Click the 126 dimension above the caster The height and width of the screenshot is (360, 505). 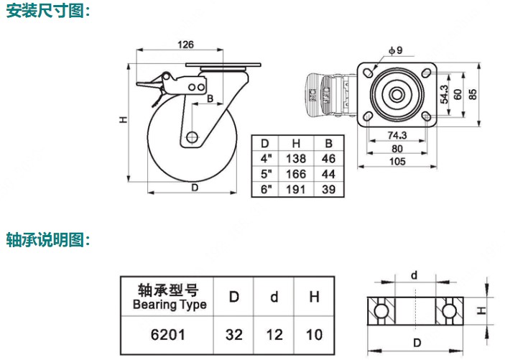[185, 44]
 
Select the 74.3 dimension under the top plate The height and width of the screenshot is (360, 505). [397, 136]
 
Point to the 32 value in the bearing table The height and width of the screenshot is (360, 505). [233, 335]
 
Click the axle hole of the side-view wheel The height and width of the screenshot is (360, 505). [192, 137]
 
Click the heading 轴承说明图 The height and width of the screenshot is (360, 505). [47, 239]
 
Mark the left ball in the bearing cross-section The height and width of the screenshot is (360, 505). [379, 310]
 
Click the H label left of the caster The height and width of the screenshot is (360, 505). [123, 121]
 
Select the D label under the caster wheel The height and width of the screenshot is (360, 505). [195, 188]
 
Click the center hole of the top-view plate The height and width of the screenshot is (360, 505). [396, 94]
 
